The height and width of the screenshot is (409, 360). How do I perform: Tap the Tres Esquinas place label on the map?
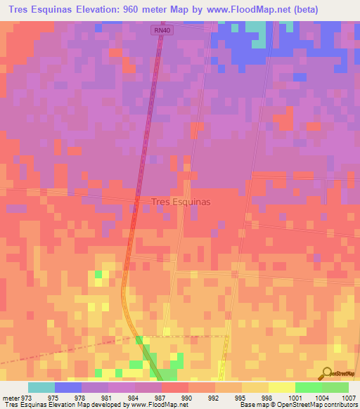[x=181, y=201]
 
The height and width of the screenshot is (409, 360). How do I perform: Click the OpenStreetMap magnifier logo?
[x=326, y=372]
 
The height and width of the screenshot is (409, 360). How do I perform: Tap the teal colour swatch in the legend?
[x=41, y=387]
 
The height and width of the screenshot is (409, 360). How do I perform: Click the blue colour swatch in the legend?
[x=68, y=387]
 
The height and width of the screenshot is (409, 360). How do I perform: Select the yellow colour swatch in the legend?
[x=281, y=387]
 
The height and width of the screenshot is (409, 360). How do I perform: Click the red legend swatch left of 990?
[x=176, y=387]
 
